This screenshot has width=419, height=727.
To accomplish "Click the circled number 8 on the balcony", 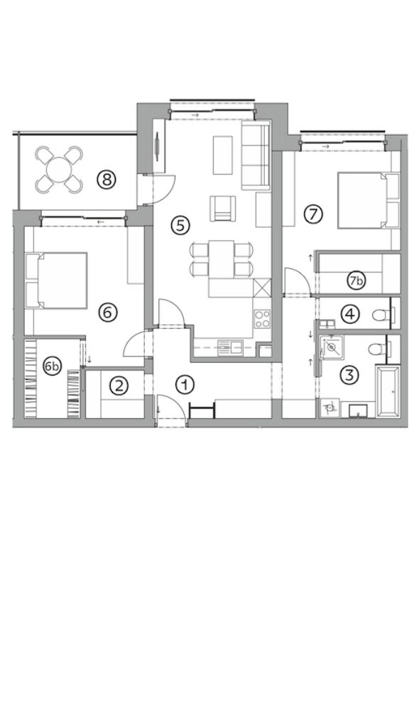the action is [x=107, y=179].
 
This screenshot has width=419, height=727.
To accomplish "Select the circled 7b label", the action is [x=357, y=280].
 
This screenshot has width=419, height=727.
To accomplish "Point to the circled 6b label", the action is [x=53, y=367].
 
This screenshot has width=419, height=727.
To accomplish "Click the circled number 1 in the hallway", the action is [x=185, y=384].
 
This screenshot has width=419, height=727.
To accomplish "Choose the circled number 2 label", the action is [x=119, y=386].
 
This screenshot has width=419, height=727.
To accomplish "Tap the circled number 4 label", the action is [x=350, y=315].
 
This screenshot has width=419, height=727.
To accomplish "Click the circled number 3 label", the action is [x=350, y=374].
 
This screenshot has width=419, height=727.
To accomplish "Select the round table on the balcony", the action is [x=59, y=169].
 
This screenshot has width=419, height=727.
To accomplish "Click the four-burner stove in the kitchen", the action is [x=262, y=319].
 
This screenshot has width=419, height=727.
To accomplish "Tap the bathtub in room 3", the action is [x=388, y=392].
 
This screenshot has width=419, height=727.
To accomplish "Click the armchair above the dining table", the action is [x=223, y=208].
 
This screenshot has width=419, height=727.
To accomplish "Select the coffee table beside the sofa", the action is [x=223, y=155].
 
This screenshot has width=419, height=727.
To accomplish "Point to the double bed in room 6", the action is [x=57, y=280].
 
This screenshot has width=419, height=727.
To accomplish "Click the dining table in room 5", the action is [x=222, y=258].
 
